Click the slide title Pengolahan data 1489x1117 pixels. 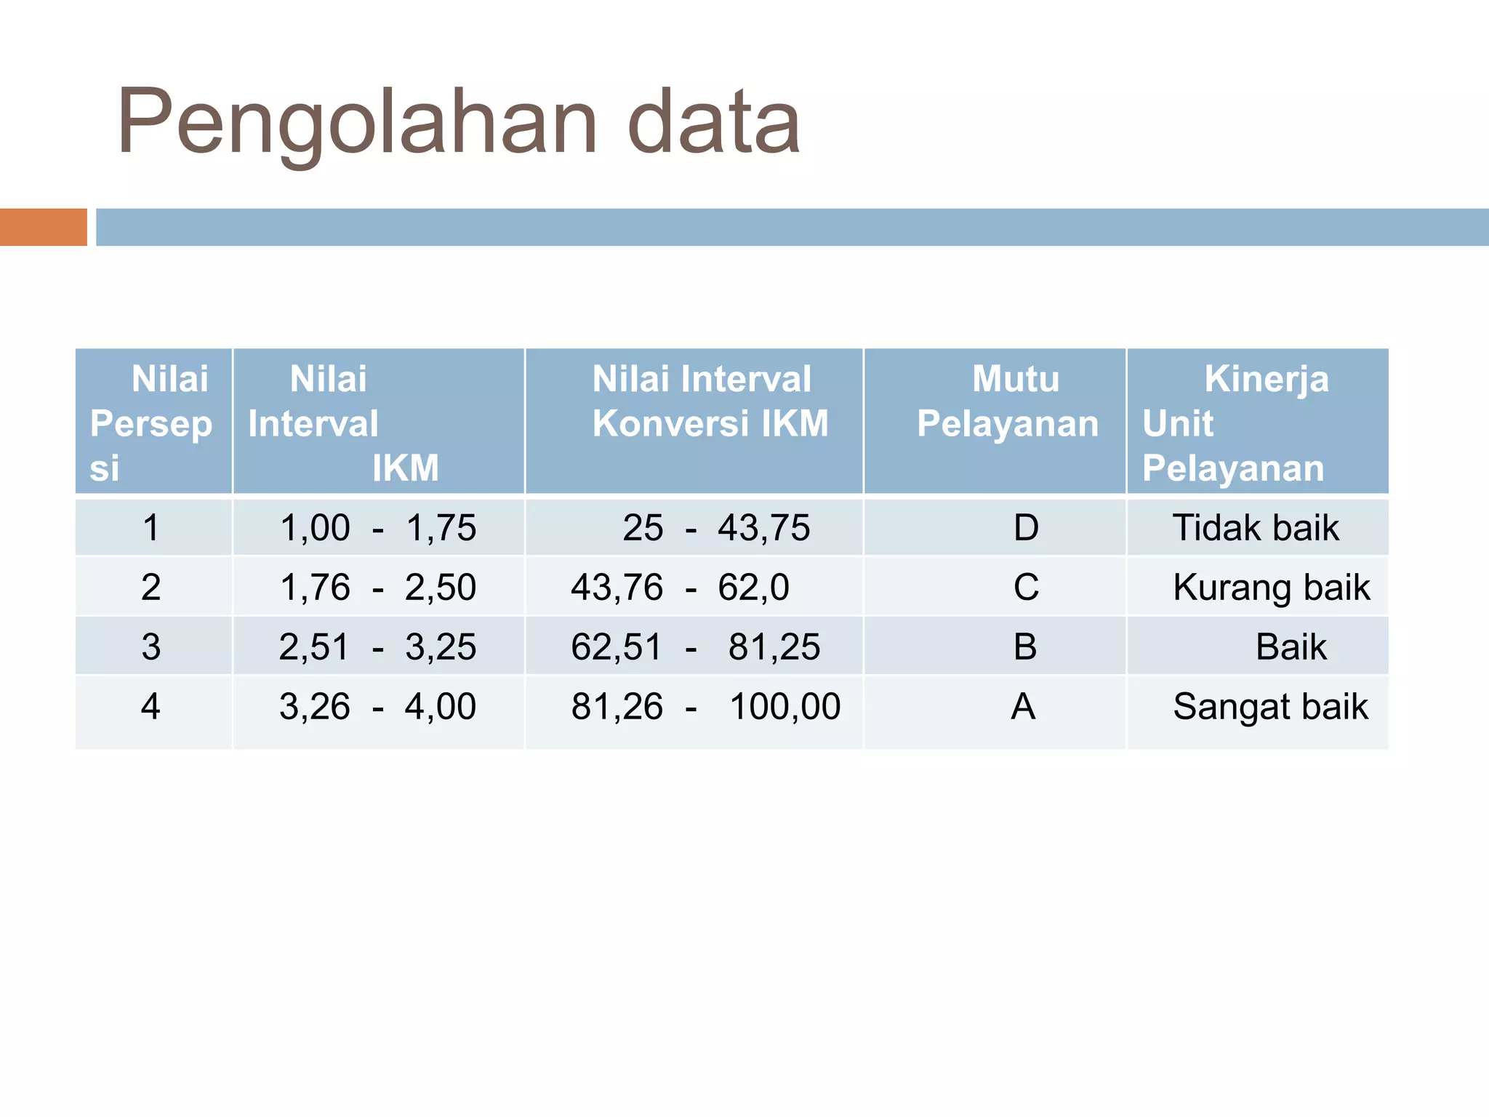coord(458,122)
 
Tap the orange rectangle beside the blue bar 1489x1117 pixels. coord(43,227)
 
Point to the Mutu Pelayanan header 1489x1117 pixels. coord(1008,401)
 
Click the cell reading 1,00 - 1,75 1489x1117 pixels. coord(378,528)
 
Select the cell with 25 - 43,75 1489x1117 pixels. coord(716,528)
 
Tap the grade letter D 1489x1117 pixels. coord(1026,528)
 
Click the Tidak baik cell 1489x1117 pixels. coord(1256,528)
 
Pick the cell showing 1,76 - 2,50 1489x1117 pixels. coord(378,588)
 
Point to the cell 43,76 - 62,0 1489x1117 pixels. coord(680,588)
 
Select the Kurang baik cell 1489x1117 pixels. coord(1271,588)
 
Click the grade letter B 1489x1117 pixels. coord(1025,647)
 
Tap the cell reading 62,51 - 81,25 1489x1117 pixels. coord(695,647)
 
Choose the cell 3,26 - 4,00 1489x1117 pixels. coord(378,707)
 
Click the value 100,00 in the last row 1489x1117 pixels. coord(785,707)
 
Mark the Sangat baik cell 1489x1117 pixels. coord(1270,707)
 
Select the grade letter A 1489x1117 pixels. coord(1024,707)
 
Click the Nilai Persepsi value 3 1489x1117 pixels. coord(151,647)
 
